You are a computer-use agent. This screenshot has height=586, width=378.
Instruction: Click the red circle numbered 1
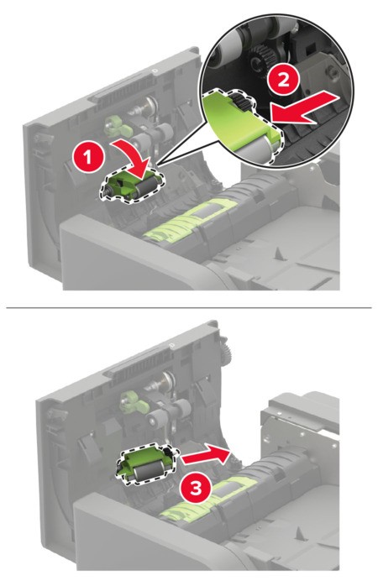coord(88,157)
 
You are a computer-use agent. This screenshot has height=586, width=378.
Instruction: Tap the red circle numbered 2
coord(283,80)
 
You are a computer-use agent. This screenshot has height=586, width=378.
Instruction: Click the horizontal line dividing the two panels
coord(189,307)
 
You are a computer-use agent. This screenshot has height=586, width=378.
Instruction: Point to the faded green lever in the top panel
coord(118,126)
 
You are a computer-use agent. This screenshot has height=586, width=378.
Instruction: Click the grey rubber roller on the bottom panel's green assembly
coord(146,472)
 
